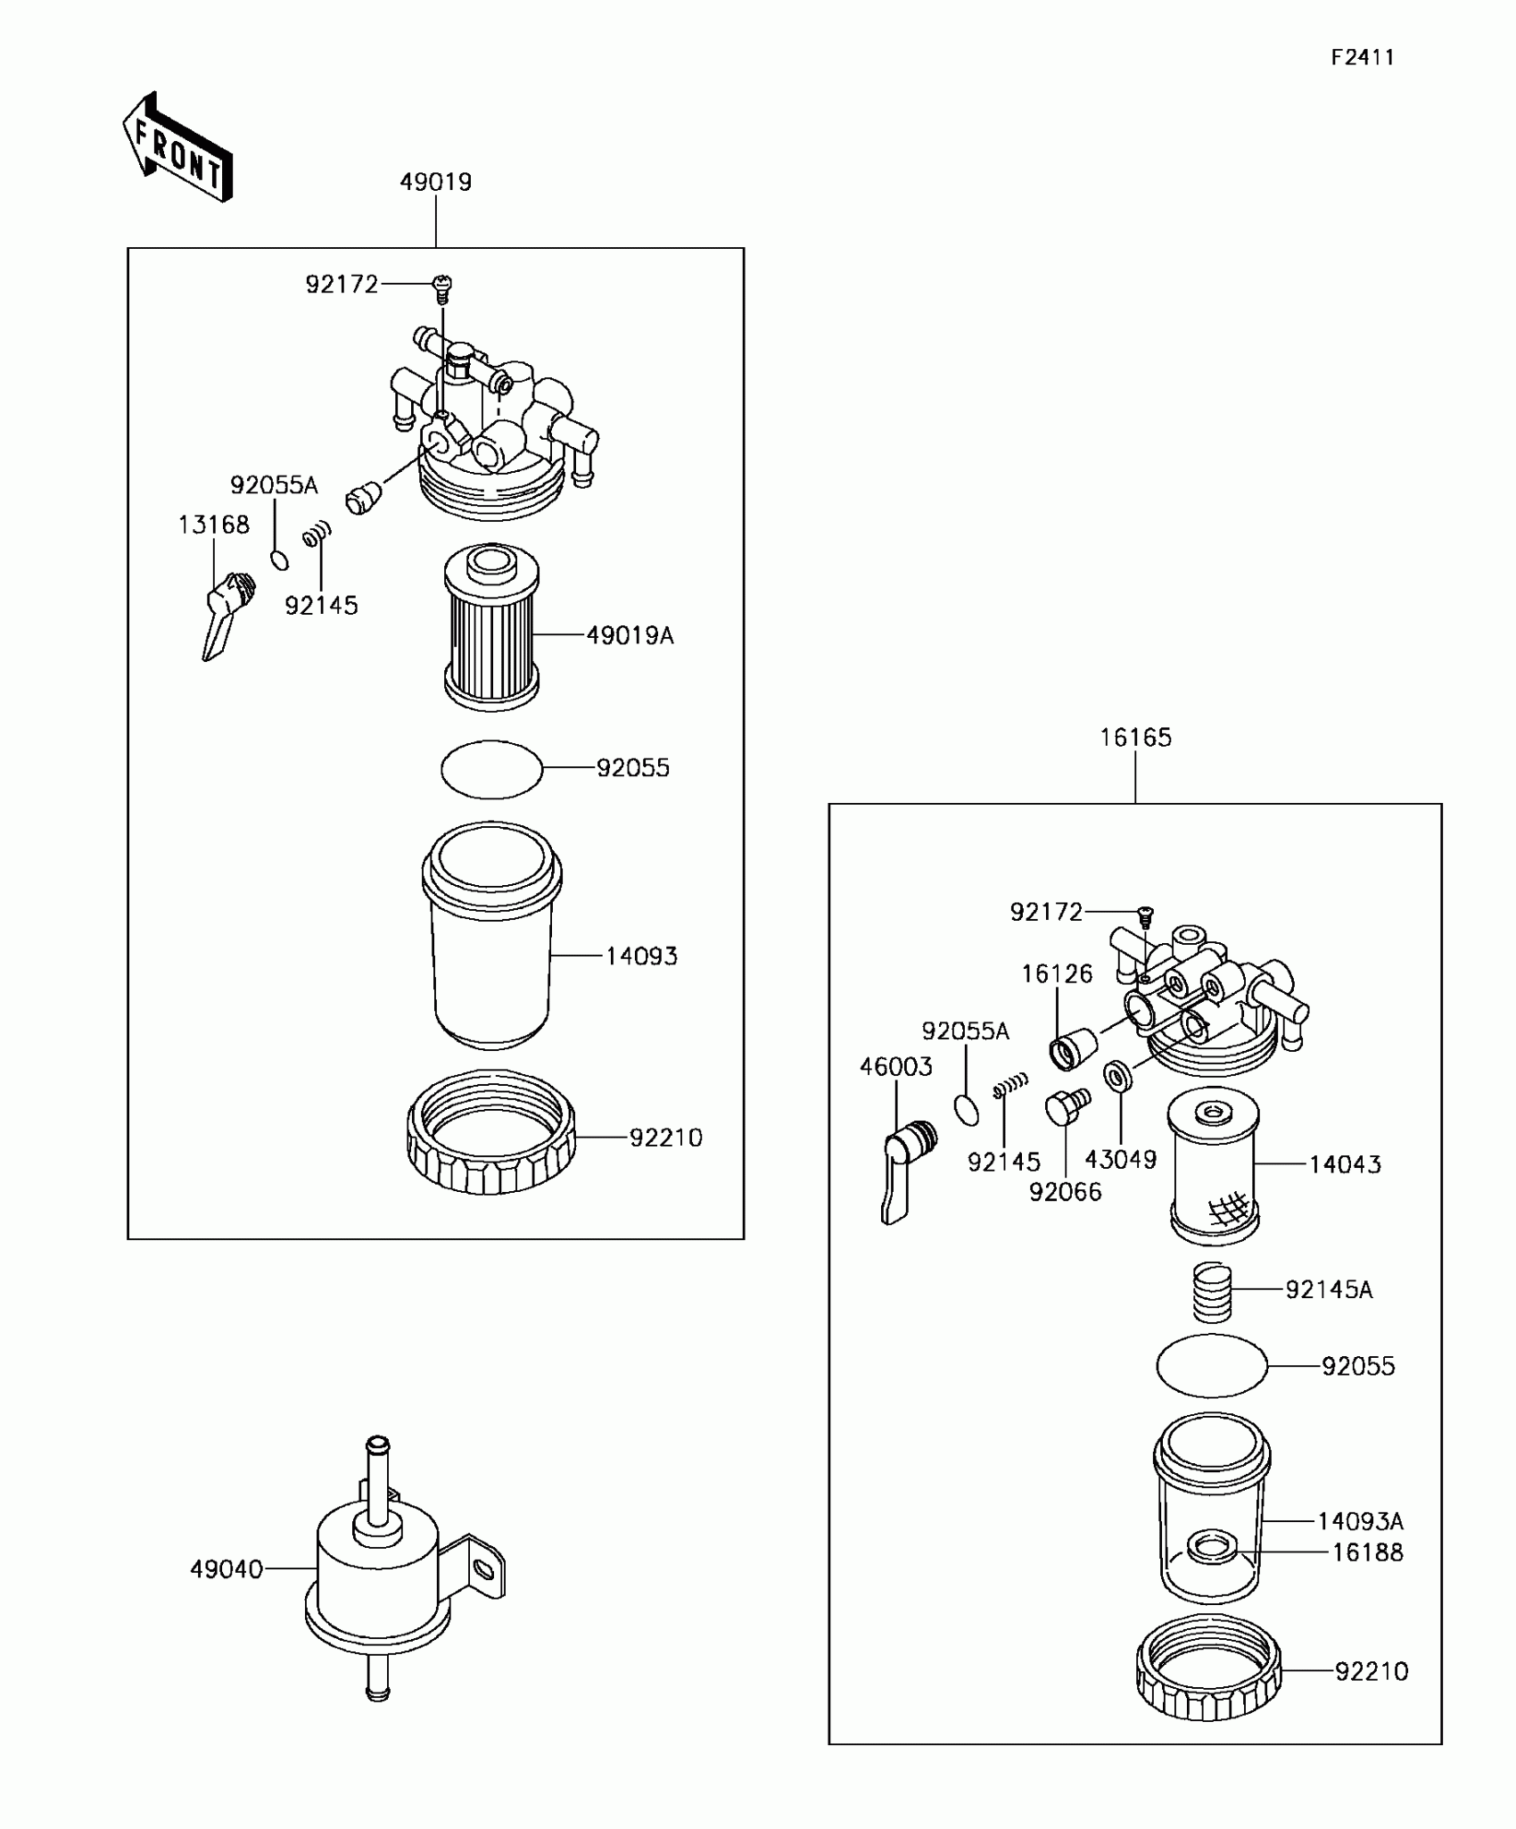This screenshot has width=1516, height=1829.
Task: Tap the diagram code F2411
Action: tap(1362, 58)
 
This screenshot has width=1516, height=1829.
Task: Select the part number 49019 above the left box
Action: tap(435, 182)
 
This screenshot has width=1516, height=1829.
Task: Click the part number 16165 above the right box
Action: tap(1135, 738)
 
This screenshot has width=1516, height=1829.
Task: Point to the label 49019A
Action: tap(630, 635)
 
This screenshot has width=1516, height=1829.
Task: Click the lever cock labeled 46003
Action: tap(906, 1170)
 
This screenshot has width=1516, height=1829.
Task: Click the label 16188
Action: tap(1367, 1552)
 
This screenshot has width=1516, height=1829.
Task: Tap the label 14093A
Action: tap(1360, 1521)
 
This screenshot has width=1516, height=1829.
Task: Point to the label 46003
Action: tap(895, 1066)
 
